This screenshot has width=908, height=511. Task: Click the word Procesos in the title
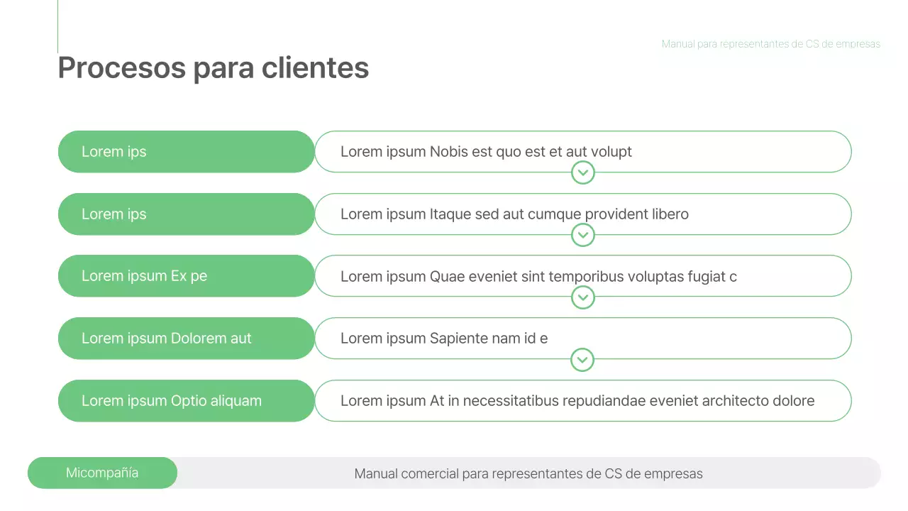coord(121,68)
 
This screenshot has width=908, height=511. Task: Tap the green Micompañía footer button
coord(102,473)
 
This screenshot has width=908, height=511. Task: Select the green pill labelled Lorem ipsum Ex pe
coord(186,276)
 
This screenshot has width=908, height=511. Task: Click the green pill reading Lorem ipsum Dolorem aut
coord(186,339)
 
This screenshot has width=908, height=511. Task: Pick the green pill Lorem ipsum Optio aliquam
coord(186,401)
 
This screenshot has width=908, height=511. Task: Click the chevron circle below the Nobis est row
coord(582,172)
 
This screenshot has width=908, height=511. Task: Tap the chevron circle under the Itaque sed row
coord(582,235)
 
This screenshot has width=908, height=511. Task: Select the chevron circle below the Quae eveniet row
coord(582,297)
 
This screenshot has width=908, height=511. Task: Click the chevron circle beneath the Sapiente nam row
coord(582,360)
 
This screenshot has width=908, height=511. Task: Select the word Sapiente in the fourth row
coord(458,339)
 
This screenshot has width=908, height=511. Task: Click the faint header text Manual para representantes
coord(770,44)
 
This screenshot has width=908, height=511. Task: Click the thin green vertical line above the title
coord(57,26)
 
